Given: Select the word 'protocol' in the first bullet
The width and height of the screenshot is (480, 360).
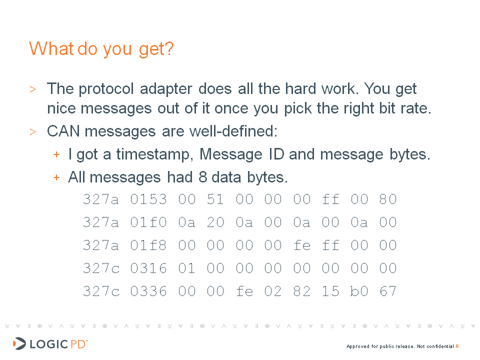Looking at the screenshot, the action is [x=106, y=89].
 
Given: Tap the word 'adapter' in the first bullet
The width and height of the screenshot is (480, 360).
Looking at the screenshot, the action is [x=166, y=89].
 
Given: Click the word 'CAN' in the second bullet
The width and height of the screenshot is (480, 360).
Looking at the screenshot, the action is [x=63, y=131].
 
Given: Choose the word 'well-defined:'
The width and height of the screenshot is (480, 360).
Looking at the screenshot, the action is [x=233, y=131].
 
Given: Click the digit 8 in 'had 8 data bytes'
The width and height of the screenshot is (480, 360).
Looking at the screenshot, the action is [x=202, y=177].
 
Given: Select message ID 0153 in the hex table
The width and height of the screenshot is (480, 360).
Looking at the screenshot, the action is [x=148, y=199].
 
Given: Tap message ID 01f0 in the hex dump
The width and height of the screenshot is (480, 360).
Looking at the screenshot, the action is [x=148, y=222].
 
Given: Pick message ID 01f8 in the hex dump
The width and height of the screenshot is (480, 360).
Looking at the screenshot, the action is [x=148, y=245].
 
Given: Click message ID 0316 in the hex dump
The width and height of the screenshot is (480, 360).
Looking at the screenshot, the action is [x=148, y=268].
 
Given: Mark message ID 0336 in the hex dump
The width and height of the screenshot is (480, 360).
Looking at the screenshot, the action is [x=148, y=291].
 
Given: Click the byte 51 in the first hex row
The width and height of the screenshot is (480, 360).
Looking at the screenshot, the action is [x=215, y=199].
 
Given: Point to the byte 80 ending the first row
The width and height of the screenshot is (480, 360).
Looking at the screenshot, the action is [x=388, y=199].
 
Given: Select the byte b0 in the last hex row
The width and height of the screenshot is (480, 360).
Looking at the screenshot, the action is [x=359, y=291].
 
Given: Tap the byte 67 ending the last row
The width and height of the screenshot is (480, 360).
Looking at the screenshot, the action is [x=388, y=291].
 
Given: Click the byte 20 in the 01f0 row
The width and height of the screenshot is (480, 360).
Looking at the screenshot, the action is [x=215, y=222].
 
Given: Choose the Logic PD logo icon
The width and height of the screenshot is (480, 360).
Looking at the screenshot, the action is [x=19, y=343].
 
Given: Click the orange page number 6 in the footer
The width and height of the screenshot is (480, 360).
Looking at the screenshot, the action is [x=457, y=346].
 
